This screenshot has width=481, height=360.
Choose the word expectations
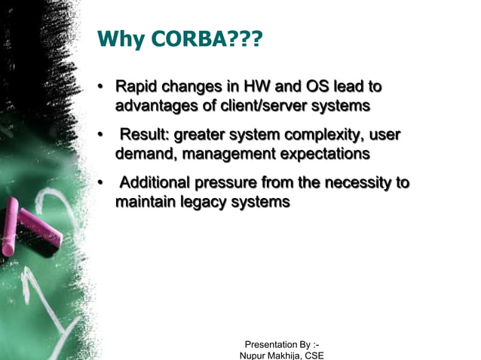(320, 154)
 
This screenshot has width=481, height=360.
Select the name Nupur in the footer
(255, 355)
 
